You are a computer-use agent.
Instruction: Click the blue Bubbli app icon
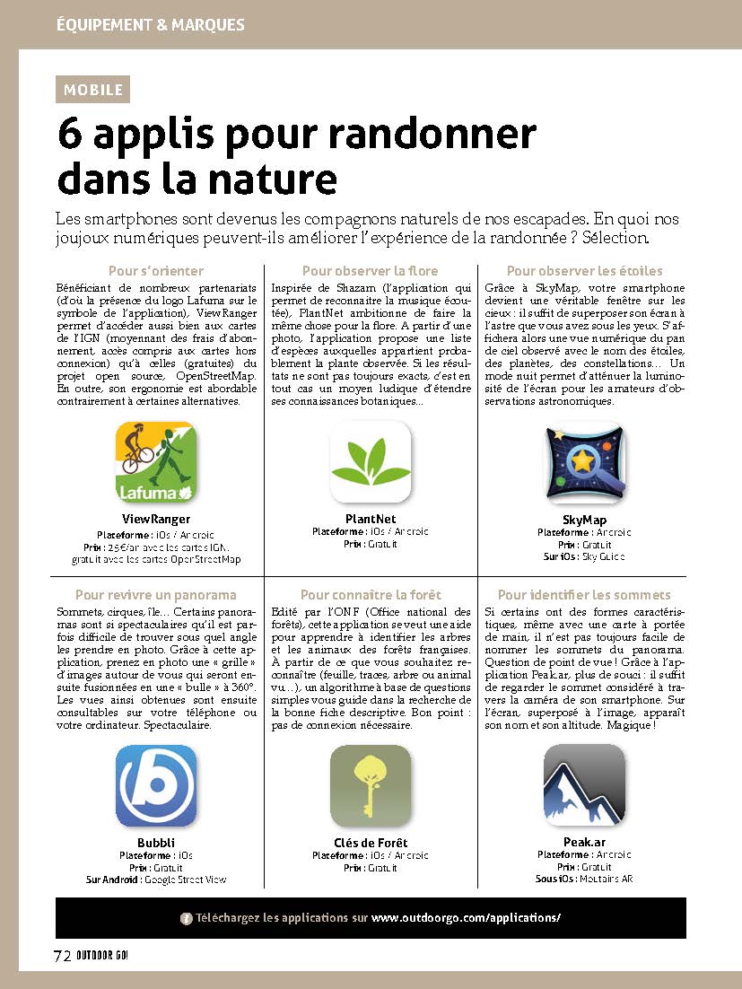156,785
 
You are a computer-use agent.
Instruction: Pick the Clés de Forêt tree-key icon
370,785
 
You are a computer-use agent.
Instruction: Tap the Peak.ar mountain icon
584,785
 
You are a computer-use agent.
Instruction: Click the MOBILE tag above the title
93,90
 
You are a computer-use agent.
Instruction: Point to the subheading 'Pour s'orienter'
156,270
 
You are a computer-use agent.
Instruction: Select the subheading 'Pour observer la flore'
370,270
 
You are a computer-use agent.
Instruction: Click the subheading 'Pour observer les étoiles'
584,270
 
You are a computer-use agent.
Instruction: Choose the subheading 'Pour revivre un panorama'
156,594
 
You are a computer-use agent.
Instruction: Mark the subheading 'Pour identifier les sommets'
584,594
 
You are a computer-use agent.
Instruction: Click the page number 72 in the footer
62,956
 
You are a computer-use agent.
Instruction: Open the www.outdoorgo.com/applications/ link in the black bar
466,918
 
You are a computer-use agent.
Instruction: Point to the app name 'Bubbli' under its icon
156,843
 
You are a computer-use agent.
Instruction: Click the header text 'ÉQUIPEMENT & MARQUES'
150,24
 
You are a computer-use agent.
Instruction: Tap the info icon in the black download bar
187,918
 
